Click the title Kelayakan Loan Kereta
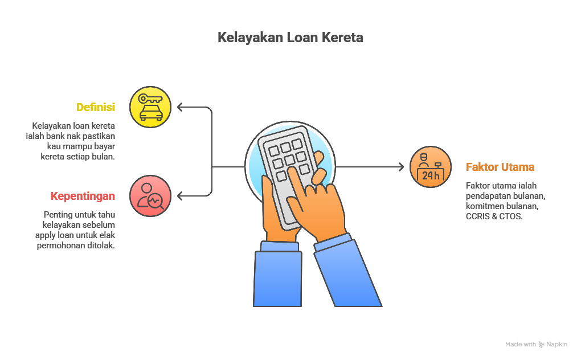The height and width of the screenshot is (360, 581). (290, 38)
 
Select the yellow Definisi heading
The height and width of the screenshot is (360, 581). (96, 107)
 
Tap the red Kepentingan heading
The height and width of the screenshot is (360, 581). (83, 196)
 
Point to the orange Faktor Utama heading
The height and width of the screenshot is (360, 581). (500, 167)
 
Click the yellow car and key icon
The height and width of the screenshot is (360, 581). (150, 107)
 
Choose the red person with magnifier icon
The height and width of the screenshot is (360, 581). (150, 196)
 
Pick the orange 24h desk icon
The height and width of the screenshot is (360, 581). (431, 167)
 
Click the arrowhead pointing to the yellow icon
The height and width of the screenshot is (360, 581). (180, 107)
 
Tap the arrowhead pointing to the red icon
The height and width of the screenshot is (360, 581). (180, 196)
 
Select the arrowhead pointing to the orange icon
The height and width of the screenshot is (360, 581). (401, 167)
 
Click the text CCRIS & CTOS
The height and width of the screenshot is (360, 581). (494, 216)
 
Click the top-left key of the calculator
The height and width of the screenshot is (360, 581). (274, 151)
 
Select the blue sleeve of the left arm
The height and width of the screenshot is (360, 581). (277, 276)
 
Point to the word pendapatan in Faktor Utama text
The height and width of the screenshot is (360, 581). (486, 196)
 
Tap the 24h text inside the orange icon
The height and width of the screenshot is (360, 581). (431, 175)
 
